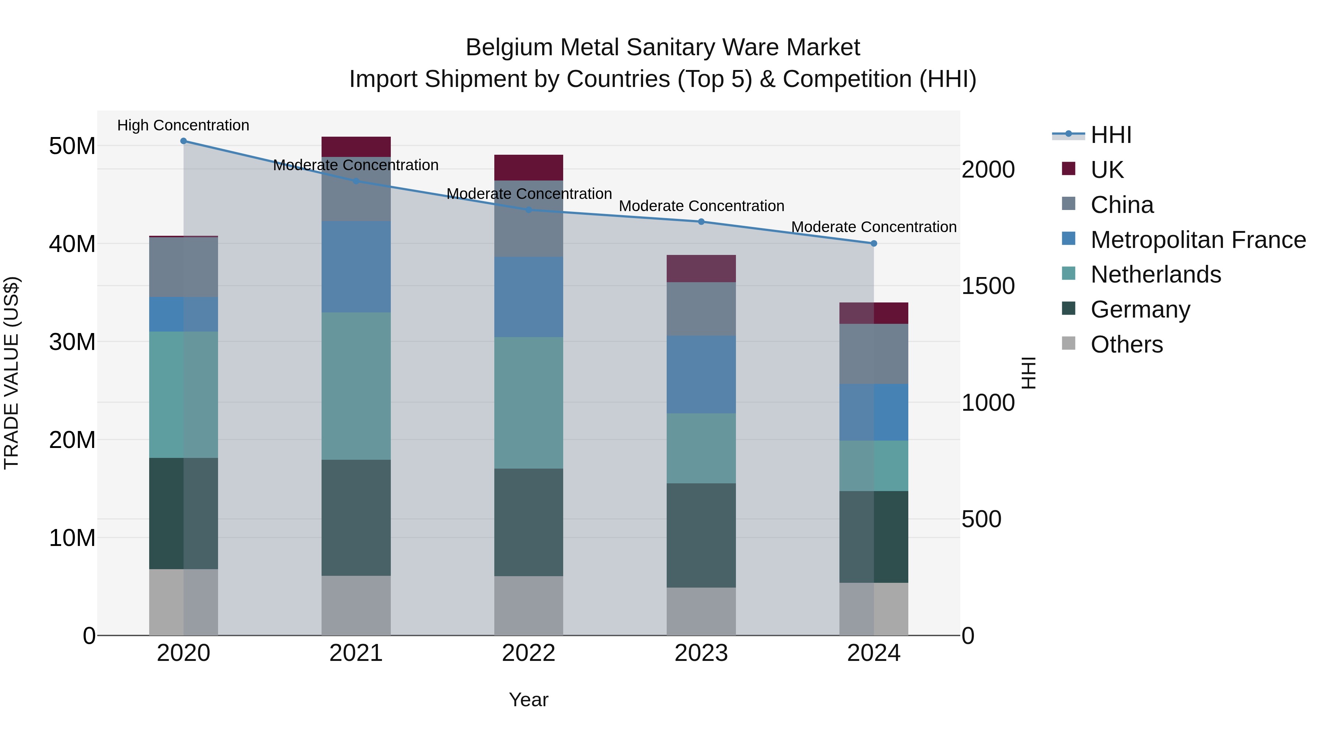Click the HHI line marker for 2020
[x=183, y=141]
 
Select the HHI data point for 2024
[x=874, y=244]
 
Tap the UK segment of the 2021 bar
[x=356, y=147]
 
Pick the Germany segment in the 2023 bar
[x=701, y=535]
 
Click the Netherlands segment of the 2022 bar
[x=529, y=403]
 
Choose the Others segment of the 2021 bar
[x=356, y=605]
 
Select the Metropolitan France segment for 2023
[x=701, y=374]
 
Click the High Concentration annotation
[x=183, y=125]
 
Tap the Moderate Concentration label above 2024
[x=874, y=227]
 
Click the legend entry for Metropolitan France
[x=1198, y=240]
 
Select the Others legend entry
[x=1126, y=344]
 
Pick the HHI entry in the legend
[x=1111, y=135]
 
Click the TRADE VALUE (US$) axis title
[x=11, y=373]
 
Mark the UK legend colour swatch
[x=1069, y=169]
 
